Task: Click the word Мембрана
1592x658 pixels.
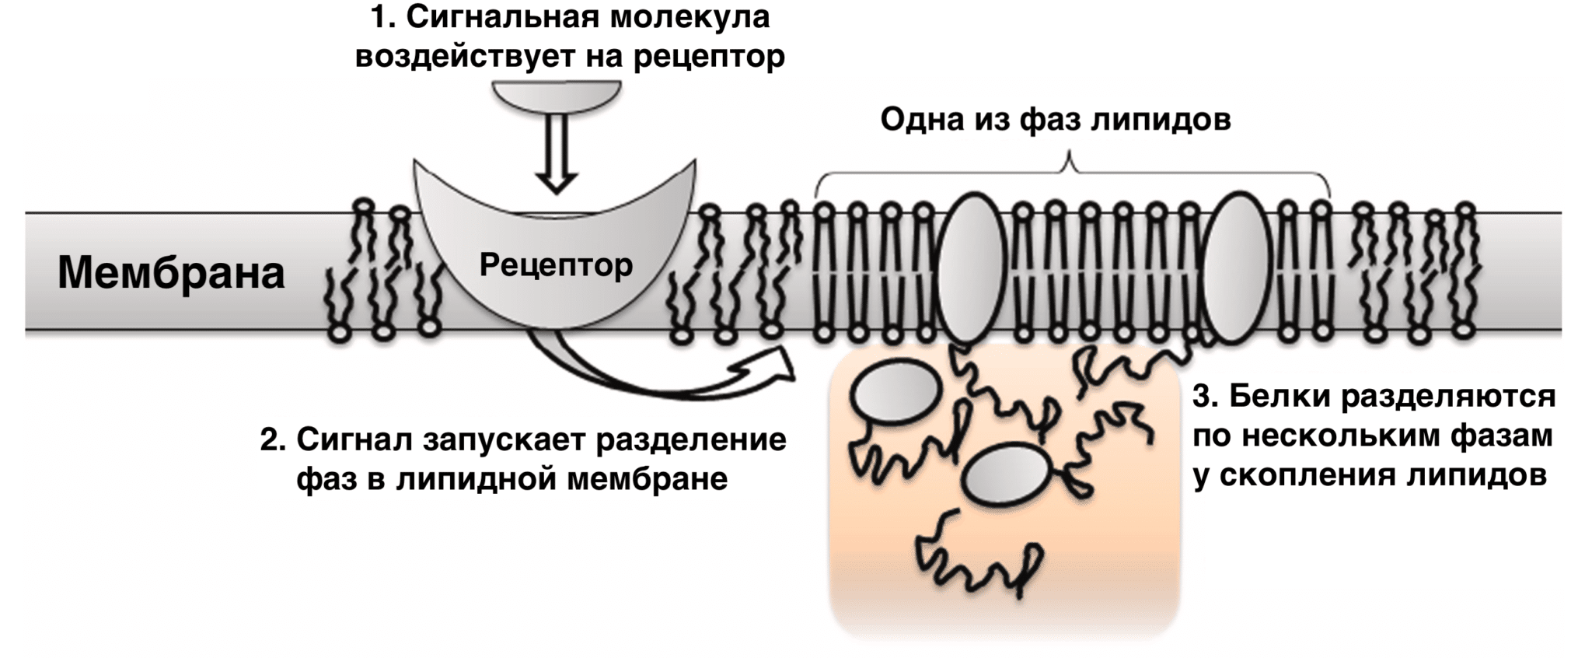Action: (171, 273)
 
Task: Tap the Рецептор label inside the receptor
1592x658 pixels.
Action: (556, 264)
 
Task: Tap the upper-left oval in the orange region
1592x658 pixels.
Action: (895, 394)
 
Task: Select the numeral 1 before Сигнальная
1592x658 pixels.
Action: (379, 17)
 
